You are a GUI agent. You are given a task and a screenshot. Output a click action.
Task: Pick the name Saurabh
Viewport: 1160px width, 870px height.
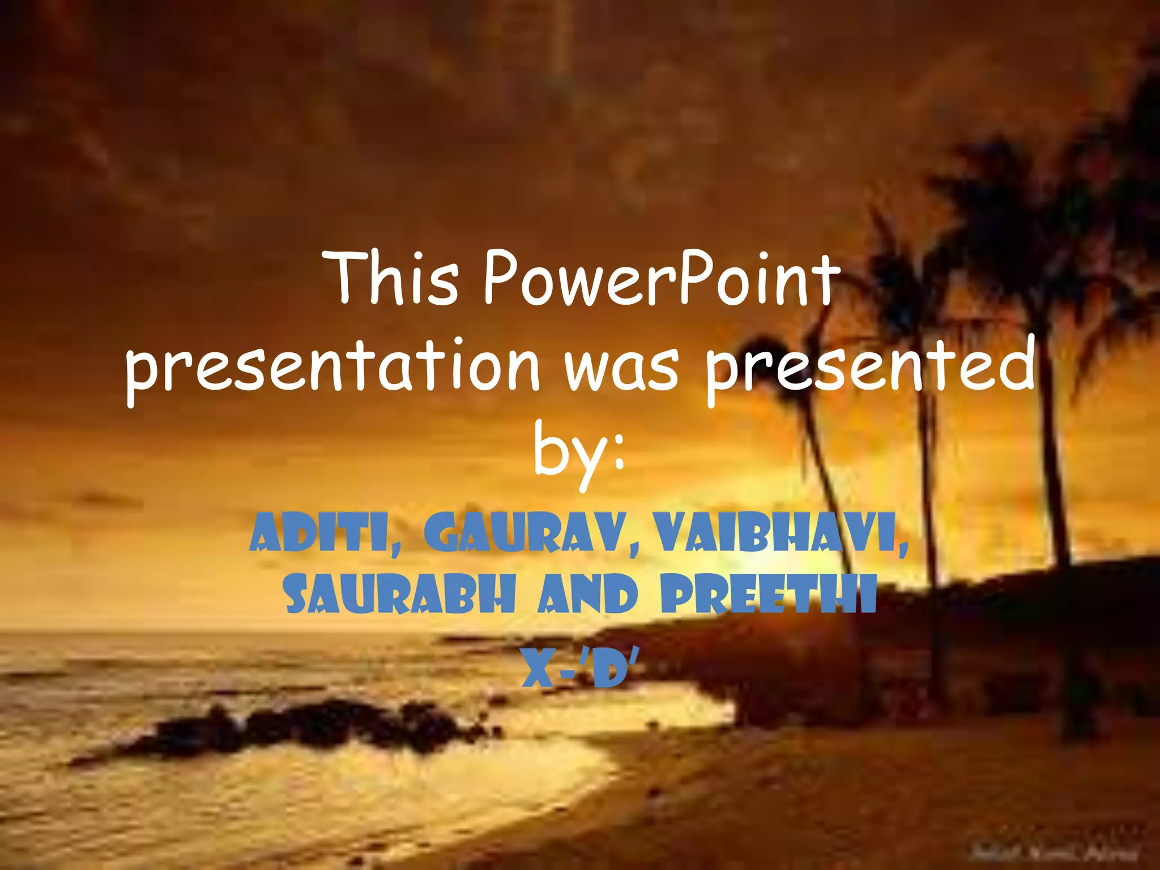coord(400,595)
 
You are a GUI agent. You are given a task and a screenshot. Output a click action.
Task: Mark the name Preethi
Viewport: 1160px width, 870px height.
coord(768,595)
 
